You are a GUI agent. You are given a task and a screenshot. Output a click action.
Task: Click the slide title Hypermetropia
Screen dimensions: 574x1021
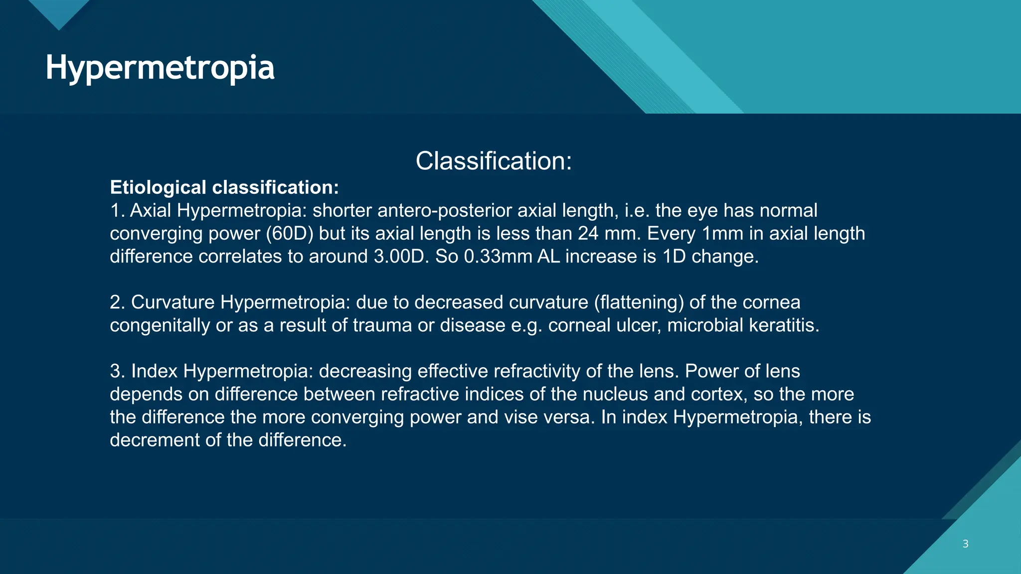click(160, 68)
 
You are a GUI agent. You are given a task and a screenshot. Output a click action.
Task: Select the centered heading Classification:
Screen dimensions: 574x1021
click(494, 161)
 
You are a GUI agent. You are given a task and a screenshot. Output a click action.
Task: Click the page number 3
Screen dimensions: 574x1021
click(965, 544)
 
